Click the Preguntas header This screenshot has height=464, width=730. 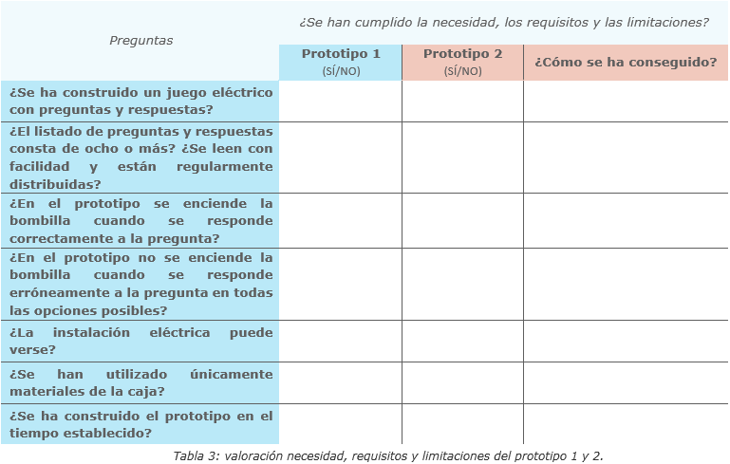tap(140, 41)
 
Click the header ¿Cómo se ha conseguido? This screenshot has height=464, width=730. tap(625, 63)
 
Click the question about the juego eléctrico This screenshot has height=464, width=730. tap(140, 102)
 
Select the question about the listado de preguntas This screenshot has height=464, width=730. tap(140, 158)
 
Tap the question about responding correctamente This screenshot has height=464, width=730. tap(140, 221)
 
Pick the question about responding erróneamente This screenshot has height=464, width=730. tap(140, 284)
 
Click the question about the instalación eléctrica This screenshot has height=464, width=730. tap(140, 341)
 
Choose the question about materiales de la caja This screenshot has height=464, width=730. tap(140, 382)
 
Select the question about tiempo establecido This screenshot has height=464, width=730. tap(140, 424)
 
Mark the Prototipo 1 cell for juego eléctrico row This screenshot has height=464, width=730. tap(341, 102)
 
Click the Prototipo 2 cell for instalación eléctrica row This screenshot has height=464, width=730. tap(462, 341)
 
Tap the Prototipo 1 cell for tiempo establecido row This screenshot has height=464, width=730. tap(341, 424)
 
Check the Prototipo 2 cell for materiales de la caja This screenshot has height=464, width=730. tap(462, 382)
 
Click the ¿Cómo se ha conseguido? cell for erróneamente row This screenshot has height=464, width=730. tap(625, 284)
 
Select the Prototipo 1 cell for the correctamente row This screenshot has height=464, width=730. tap(341, 221)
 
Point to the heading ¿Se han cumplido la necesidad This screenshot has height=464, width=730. tap(504, 22)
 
